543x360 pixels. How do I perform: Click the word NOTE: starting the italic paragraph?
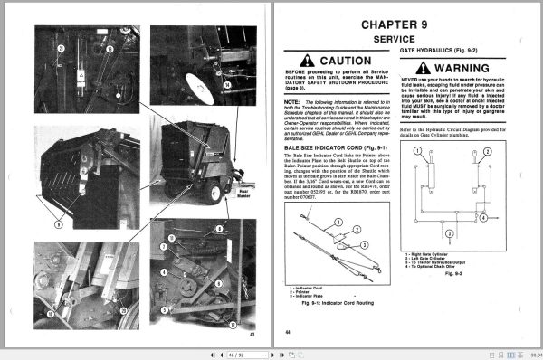click(299, 103)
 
